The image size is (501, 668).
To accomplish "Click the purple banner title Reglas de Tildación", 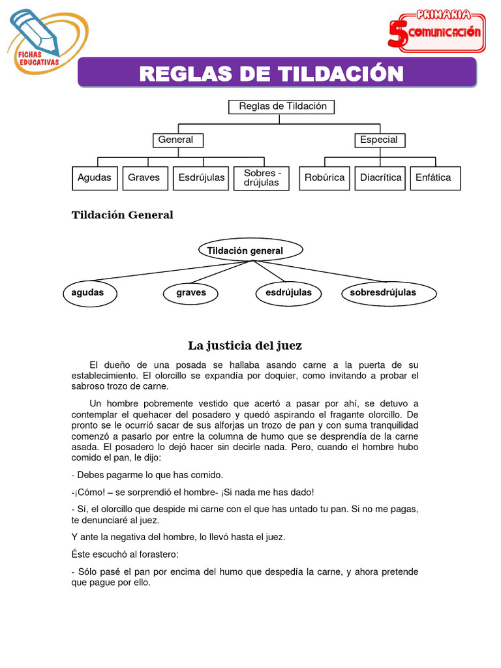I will [271, 73].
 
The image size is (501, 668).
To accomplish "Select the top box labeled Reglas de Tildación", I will [282, 106].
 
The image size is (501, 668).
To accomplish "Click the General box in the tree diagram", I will [176, 140].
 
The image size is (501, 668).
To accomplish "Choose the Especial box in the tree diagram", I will [378, 140].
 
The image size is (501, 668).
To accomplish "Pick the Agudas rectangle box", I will [95, 178].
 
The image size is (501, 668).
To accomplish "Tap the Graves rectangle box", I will [144, 178].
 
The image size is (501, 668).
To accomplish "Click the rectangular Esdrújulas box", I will [201, 178].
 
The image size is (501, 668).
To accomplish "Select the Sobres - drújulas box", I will [262, 178].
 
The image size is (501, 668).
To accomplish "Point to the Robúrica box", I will [324, 178].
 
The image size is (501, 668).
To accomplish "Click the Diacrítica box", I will [380, 178].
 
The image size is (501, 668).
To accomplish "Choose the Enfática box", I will [434, 178].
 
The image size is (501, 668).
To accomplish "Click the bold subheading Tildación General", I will [122, 215].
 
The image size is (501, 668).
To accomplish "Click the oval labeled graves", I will [191, 293].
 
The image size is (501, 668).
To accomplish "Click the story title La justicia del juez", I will [245, 346].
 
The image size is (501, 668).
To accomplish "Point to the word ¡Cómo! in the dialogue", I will [87, 493].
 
